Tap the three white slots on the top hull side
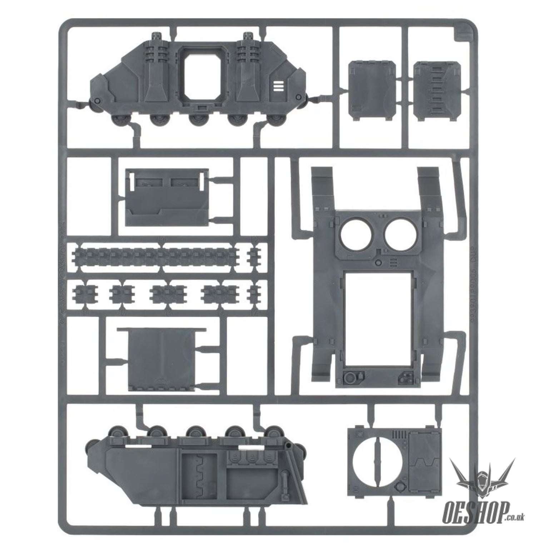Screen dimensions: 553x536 point(278,86)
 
